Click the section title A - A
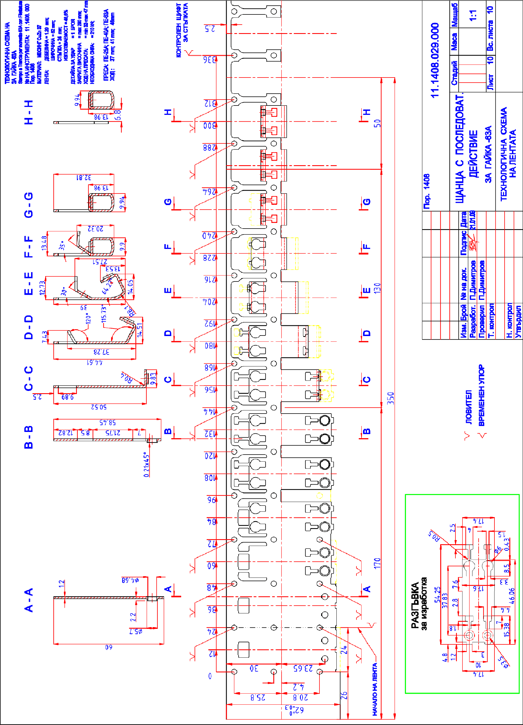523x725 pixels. click(29, 600)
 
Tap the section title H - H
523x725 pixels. click(29, 112)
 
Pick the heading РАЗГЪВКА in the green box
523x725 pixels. click(415, 606)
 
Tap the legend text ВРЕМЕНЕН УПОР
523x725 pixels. click(481, 395)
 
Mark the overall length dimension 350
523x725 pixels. click(390, 398)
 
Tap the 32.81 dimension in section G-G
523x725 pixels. click(84, 177)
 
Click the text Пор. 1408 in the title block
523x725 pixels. click(427, 192)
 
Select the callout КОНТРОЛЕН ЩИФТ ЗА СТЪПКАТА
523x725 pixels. click(182, 30)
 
